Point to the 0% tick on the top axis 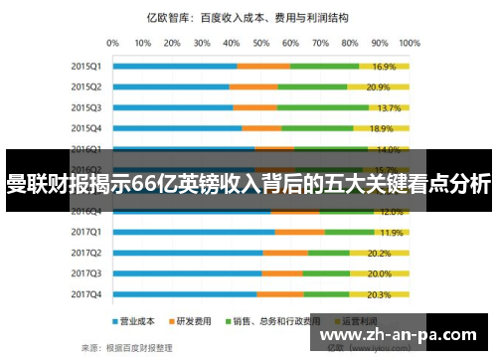(x=112, y=43)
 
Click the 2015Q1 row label (x=85, y=66)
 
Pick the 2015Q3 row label (x=85, y=107)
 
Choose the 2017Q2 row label (x=85, y=253)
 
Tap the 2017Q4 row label (x=85, y=294)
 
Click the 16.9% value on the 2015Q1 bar (x=384, y=67)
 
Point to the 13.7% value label (x=389, y=107)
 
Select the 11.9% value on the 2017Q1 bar (x=392, y=233)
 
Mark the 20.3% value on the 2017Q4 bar (x=379, y=294)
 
